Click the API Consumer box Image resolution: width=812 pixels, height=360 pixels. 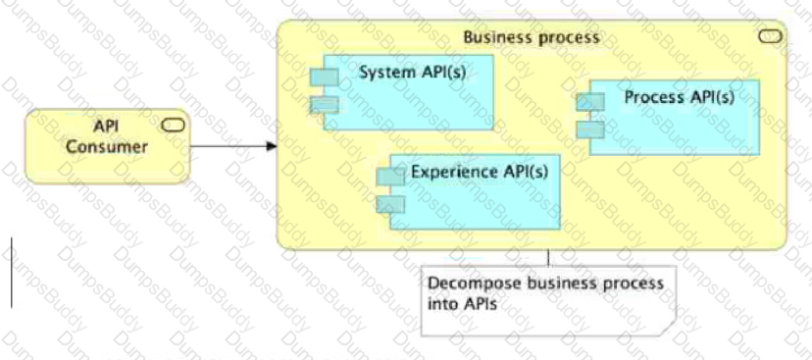tap(106, 146)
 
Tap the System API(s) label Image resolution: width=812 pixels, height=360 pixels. tap(400, 73)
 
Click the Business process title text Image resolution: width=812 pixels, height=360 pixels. tap(531, 38)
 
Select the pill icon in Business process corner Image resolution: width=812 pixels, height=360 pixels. tap(771, 37)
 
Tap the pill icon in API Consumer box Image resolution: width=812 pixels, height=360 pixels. tap(173, 124)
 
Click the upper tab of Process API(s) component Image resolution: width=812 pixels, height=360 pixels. tap(589, 102)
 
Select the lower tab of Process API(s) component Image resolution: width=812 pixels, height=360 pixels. tap(589, 129)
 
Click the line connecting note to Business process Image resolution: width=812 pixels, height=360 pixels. tap(547, 257)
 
